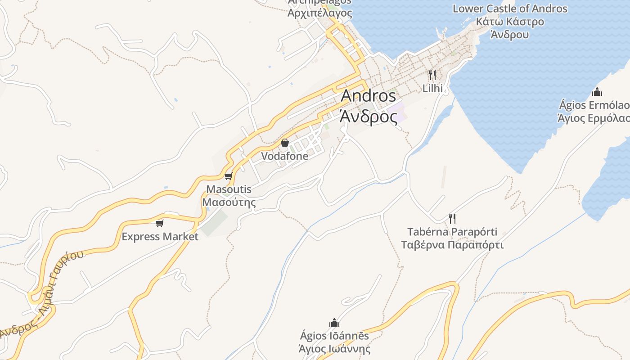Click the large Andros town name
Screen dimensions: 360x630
368,96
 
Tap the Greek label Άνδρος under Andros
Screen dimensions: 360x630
368,116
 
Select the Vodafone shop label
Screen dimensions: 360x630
285,156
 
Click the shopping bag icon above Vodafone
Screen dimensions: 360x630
285,143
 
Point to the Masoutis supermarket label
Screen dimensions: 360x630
229,189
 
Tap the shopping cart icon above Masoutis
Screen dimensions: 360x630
228,176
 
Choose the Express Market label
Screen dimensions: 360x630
160,237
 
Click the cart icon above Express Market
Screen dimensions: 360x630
159,223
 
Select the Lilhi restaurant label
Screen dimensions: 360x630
432,88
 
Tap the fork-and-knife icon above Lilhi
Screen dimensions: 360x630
432,75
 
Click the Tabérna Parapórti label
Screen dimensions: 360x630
452,232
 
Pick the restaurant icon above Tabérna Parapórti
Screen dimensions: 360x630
452,219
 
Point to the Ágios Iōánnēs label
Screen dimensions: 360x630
334,336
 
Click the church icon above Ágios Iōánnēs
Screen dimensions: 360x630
334,323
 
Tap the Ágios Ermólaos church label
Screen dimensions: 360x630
594,105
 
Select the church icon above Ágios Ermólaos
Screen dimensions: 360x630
597,92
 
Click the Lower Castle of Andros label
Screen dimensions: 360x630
510,9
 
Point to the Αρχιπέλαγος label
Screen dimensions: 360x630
319,13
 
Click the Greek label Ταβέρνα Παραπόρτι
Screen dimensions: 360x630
452,245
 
